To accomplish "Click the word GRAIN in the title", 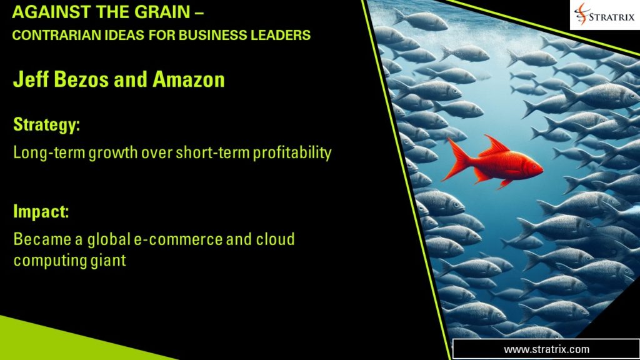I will (x=145, y=12).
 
